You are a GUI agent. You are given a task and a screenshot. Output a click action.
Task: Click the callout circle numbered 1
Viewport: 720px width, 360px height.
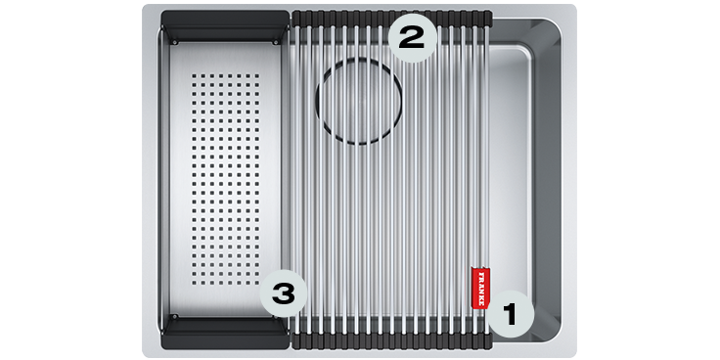[511, 315]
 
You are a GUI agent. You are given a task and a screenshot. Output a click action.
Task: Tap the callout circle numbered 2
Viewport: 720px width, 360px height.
[413, 38]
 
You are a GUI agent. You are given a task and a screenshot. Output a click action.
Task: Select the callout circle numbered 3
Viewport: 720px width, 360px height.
[284, 293]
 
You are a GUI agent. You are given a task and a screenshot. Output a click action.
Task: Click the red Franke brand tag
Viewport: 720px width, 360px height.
[480, 288]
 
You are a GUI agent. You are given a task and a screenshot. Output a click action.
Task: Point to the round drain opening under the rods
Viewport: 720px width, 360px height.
[359, 102]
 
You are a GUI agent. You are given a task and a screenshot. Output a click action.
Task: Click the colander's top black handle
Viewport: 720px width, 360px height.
[225, 26]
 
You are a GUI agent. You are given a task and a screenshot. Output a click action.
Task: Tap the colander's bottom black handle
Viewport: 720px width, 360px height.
[225, 333]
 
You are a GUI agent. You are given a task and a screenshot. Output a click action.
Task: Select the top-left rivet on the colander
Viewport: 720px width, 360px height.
[175, 42]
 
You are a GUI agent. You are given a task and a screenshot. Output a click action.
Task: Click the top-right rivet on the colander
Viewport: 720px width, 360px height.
[276, 42]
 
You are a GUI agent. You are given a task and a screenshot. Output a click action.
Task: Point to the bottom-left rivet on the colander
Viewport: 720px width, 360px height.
[174, 317]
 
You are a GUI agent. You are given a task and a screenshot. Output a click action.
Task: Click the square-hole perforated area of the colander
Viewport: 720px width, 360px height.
[225, 178]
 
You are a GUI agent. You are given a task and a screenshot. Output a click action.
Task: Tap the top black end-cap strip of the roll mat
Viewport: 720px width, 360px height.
[391, 18]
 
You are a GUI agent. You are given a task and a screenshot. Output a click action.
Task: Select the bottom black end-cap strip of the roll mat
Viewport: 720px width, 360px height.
[391, 341]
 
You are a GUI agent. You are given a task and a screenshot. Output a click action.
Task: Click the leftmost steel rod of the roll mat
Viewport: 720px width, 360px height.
[296, 179]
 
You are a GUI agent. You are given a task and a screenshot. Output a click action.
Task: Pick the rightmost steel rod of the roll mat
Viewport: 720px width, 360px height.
[486, 179]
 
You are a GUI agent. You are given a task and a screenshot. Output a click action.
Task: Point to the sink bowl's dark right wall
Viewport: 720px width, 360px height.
[548, 179]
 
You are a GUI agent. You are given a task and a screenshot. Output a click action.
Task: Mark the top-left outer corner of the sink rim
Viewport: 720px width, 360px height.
[143, 6]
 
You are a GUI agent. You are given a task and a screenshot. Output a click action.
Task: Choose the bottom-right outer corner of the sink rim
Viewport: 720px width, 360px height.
[575, 356]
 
